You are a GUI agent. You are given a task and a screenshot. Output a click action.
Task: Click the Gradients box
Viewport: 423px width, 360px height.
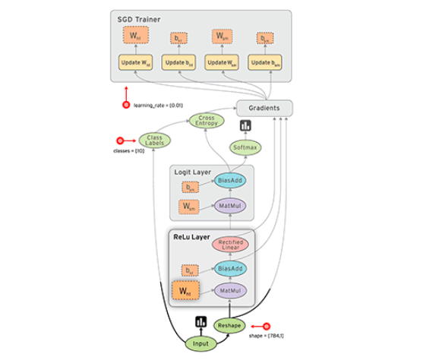(x=264, y=108)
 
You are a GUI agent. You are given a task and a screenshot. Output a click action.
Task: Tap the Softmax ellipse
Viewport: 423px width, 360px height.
(x=244, y=148)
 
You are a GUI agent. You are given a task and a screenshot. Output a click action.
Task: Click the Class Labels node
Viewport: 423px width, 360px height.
(x=154, y=141)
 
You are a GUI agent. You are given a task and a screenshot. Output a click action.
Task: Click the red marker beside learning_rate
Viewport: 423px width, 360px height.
(x=127, y=105)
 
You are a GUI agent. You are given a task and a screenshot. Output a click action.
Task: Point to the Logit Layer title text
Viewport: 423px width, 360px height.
(x=193, y=171)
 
